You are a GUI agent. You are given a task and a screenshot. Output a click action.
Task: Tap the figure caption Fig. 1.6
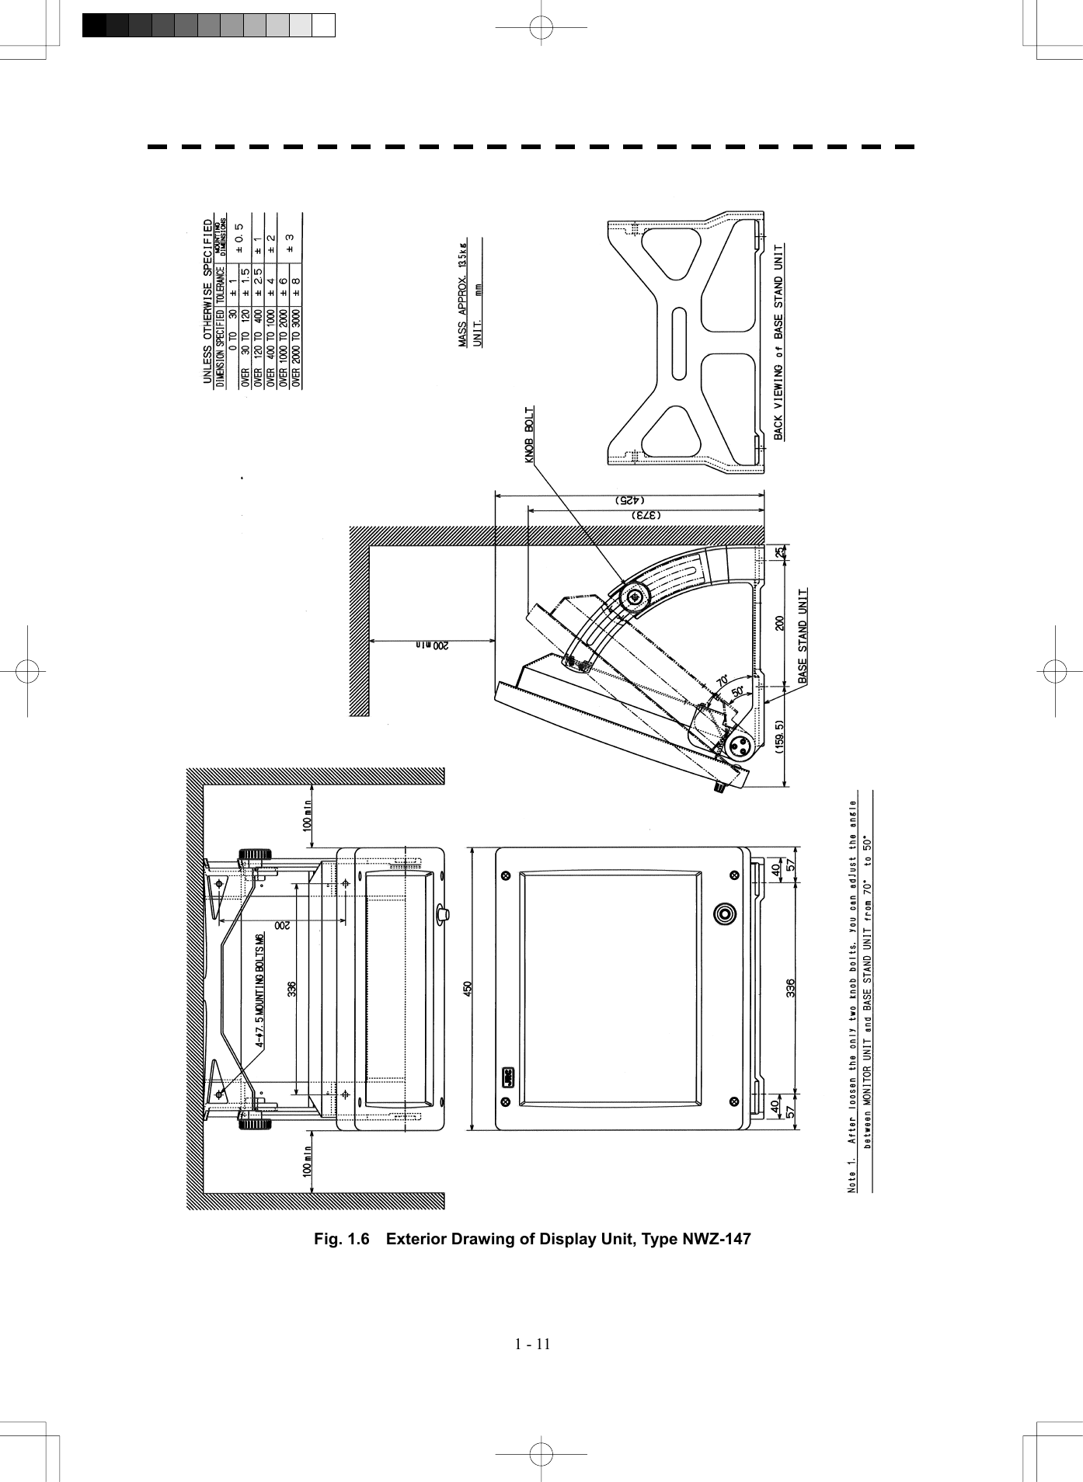[532, 1238]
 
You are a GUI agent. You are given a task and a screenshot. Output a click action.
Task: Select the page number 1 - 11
[532, 1344]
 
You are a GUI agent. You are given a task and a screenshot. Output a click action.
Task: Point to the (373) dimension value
[646, 515]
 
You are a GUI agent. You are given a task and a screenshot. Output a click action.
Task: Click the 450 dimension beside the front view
[468, 989]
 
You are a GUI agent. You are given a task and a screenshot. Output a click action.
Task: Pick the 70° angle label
[722, 680]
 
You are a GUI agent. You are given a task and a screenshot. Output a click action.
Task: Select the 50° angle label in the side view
[737, 691]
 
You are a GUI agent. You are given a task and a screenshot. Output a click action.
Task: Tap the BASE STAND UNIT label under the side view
[803, 635]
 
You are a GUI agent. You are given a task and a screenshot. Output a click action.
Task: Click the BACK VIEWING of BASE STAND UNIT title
[779, 342]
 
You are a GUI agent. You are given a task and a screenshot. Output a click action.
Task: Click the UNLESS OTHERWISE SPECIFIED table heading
[207, 301]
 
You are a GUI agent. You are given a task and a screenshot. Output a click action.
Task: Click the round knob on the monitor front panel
[724, 913]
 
